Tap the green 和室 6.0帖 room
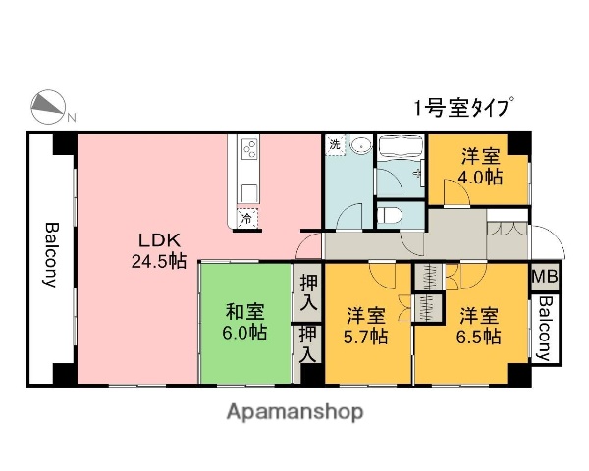(244, 323)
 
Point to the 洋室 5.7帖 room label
(365, 326)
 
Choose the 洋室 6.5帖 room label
(480, 326)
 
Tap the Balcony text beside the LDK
(50, 255)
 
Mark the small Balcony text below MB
(542, 329)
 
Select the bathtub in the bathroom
(399, 151)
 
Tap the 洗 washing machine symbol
(335, 145)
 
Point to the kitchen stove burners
(248, 151)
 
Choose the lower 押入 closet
(308, 343)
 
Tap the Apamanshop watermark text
(294, 412)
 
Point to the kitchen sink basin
(248, 189)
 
